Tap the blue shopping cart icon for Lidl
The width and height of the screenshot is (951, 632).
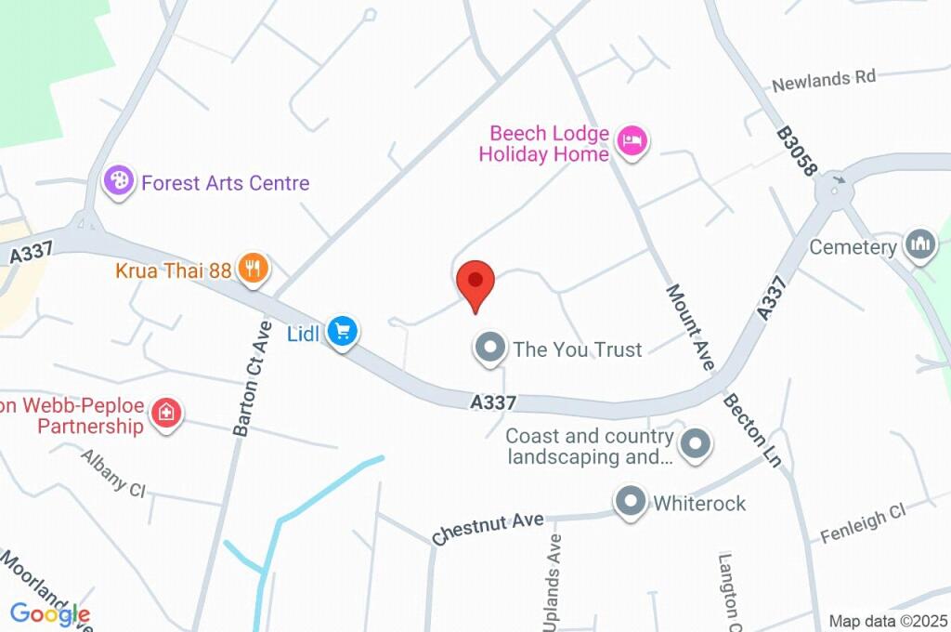343,331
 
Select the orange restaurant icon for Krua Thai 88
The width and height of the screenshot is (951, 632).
253,270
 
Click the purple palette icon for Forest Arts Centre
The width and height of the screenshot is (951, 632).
119,180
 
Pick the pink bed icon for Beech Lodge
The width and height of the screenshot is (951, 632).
632,141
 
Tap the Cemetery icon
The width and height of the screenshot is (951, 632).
920,245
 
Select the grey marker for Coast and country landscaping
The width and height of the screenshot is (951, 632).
695,445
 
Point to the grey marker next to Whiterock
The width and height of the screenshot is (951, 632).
632,502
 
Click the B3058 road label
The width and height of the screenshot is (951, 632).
797,151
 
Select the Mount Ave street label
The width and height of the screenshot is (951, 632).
690,327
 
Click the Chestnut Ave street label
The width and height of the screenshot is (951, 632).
488,529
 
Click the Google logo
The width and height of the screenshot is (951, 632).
50,613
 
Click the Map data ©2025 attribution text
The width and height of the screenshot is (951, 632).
888,621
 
